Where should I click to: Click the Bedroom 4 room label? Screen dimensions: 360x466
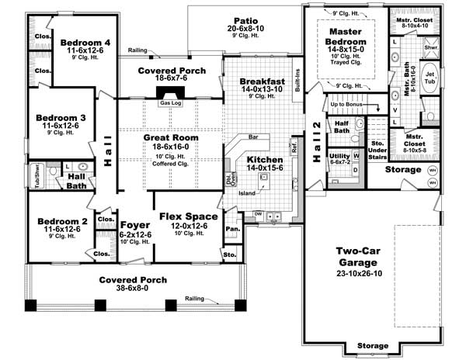click(x=85, y=41)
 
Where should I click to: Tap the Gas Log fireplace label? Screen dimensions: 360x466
click(x=170, y=102)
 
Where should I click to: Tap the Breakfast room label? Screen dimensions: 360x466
click(x=262, y=81)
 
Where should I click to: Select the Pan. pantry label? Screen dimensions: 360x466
click(x=231, y=228)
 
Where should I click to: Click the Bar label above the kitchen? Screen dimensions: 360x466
click(x=252, y=137)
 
